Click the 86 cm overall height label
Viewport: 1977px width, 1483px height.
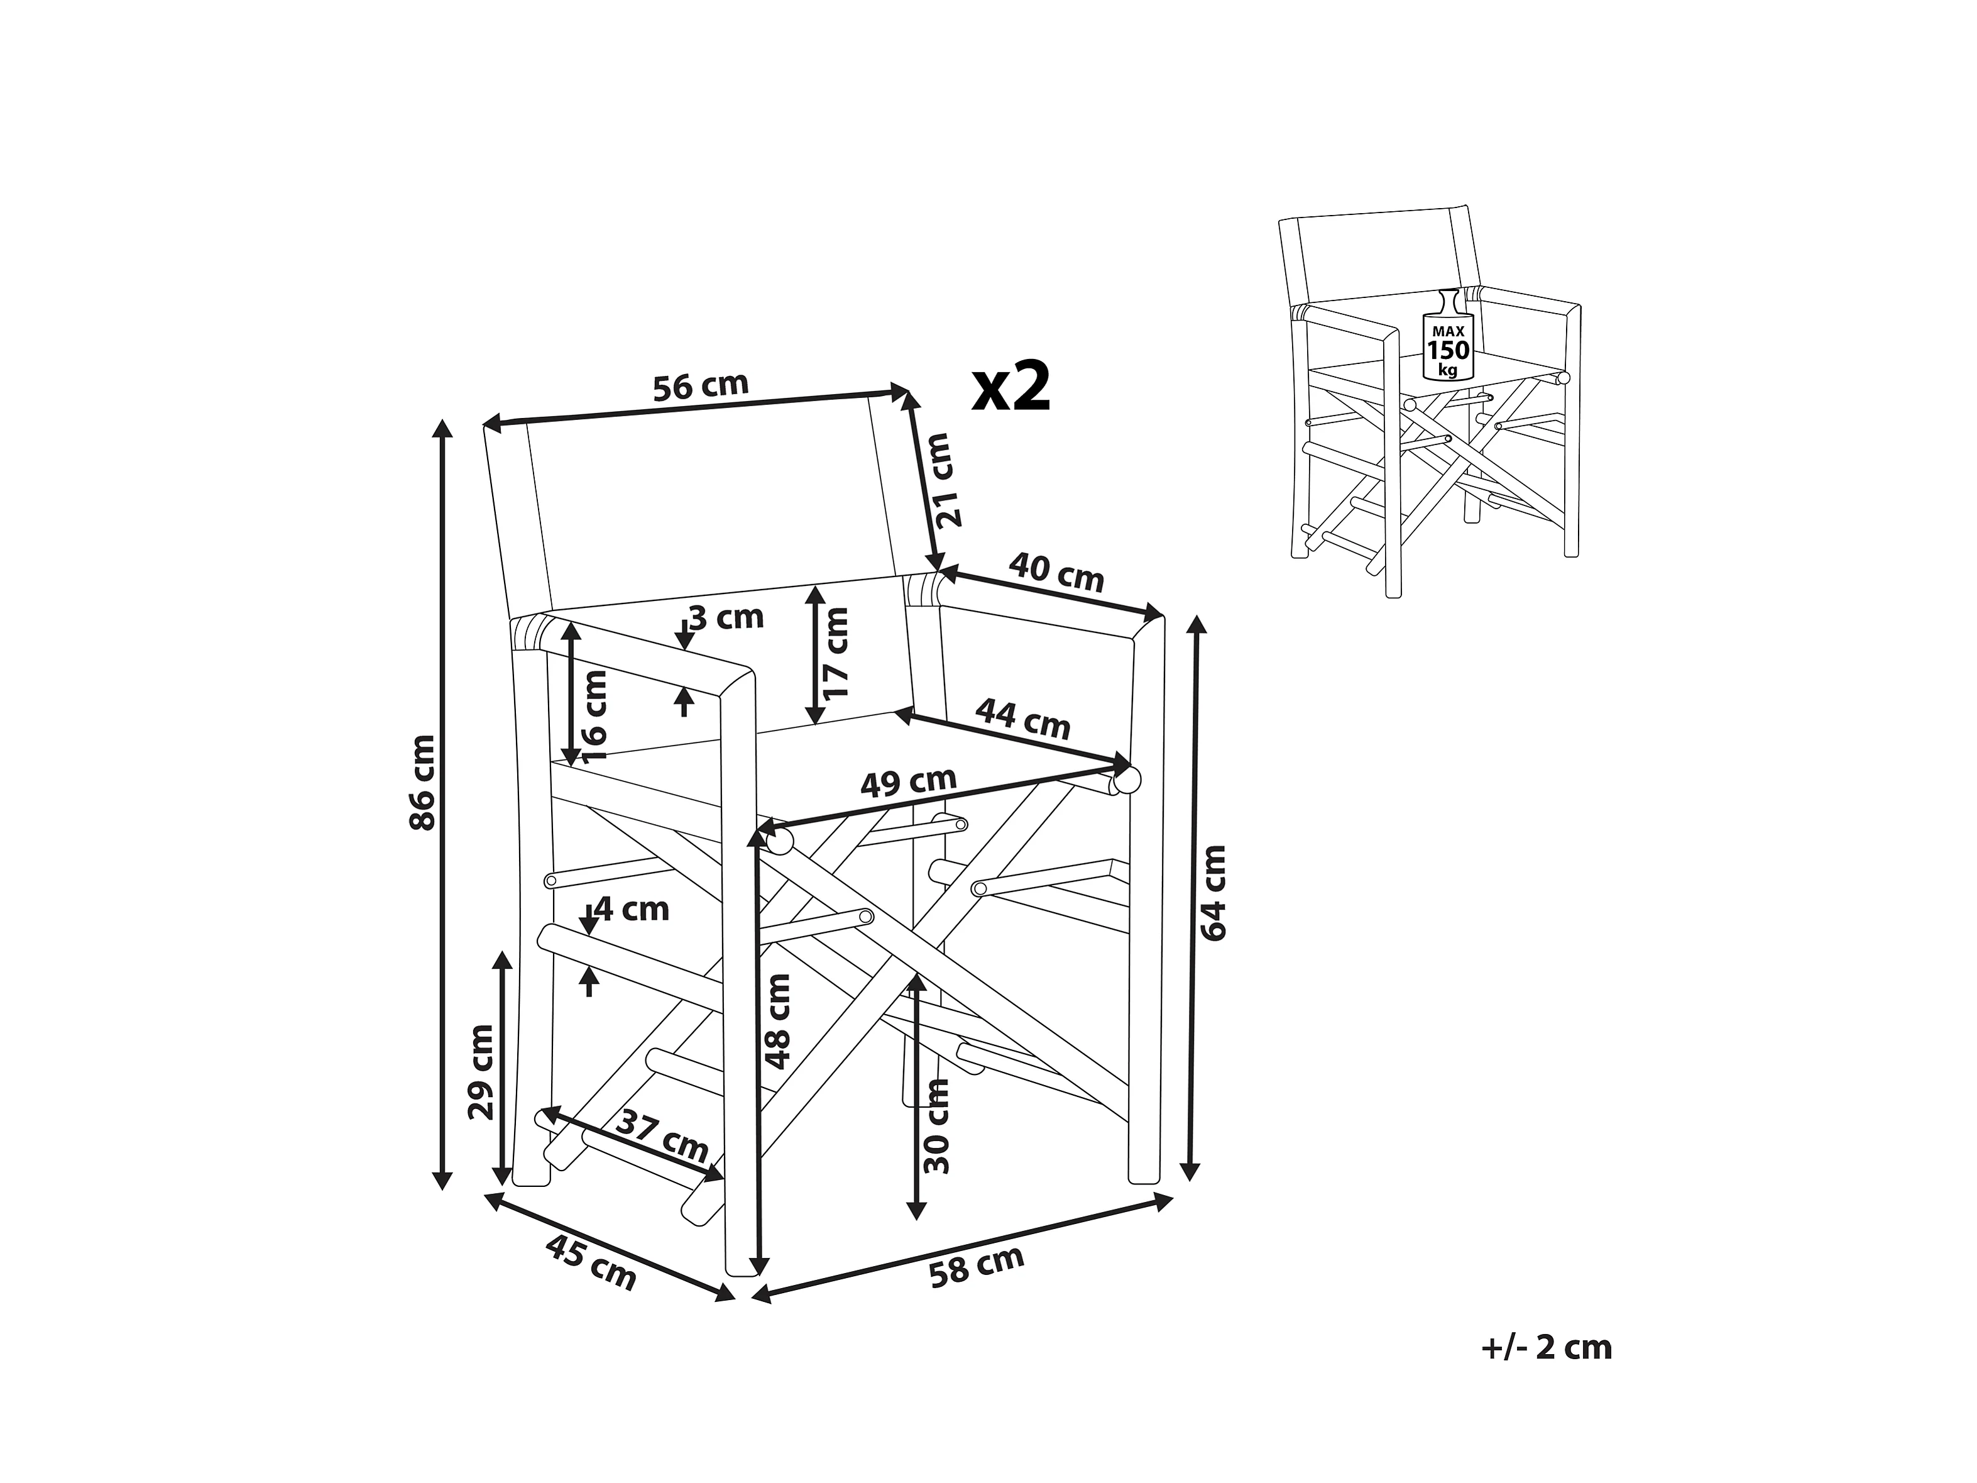(423, 782)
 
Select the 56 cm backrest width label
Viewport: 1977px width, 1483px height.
(700, 386)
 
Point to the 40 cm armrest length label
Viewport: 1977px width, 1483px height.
(1056, 572)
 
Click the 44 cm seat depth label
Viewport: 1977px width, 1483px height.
(1022, 719)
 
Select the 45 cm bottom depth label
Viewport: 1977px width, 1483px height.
(591, 1261)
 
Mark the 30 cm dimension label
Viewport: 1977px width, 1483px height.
(937, 1125)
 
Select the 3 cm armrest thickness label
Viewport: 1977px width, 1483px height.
(726, 617)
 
